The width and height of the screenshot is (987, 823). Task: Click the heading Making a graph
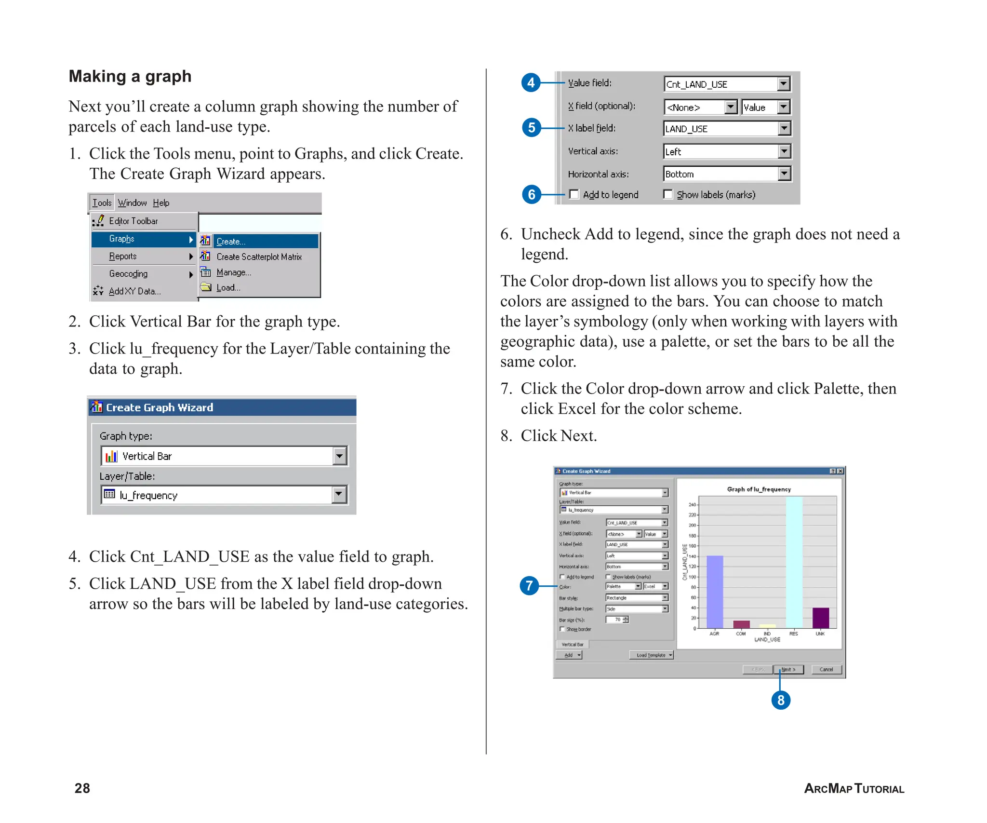pos(130,76)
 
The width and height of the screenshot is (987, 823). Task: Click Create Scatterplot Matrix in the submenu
pos(259,257)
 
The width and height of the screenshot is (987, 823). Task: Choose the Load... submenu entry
pos(228,288)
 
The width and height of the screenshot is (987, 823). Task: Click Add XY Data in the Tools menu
pos(134,291)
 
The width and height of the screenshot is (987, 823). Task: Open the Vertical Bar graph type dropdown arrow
pos(340,456)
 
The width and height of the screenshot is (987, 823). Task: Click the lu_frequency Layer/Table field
pos(217,495)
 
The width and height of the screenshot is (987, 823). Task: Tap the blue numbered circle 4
pos(531,82)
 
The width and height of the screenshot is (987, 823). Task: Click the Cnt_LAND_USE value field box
pos(720,84)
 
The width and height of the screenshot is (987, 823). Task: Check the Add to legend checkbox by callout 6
pos(574,194)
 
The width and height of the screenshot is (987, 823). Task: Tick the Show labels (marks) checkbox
pos(668,194)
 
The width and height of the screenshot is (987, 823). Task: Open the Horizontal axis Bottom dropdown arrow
pos(784,174)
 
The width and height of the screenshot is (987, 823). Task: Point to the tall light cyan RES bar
pos(794,562)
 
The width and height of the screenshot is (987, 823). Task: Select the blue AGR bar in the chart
pos(714,592)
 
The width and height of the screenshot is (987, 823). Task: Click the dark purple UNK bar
pos(820,618)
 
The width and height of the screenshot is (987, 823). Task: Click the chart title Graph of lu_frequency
pos(759,489)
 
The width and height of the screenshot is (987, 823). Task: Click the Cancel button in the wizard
pos(826,669)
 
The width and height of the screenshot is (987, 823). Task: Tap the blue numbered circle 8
pos(781,700)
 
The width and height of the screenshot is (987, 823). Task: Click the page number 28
pos(82,788)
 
